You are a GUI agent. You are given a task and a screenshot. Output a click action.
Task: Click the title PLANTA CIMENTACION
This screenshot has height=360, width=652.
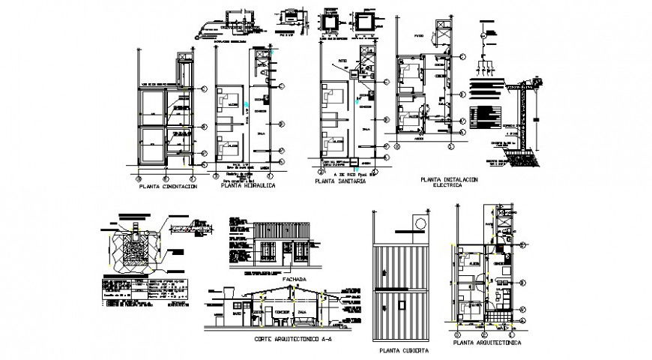[x=168, y=187]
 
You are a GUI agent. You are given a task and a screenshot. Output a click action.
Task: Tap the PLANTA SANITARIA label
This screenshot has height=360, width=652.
[x=341, y=181]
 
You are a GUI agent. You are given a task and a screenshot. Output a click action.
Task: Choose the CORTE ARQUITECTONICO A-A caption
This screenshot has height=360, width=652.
[x=282, y=339]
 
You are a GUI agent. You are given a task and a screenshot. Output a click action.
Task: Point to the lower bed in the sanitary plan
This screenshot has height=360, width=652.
[x=330, y=140]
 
